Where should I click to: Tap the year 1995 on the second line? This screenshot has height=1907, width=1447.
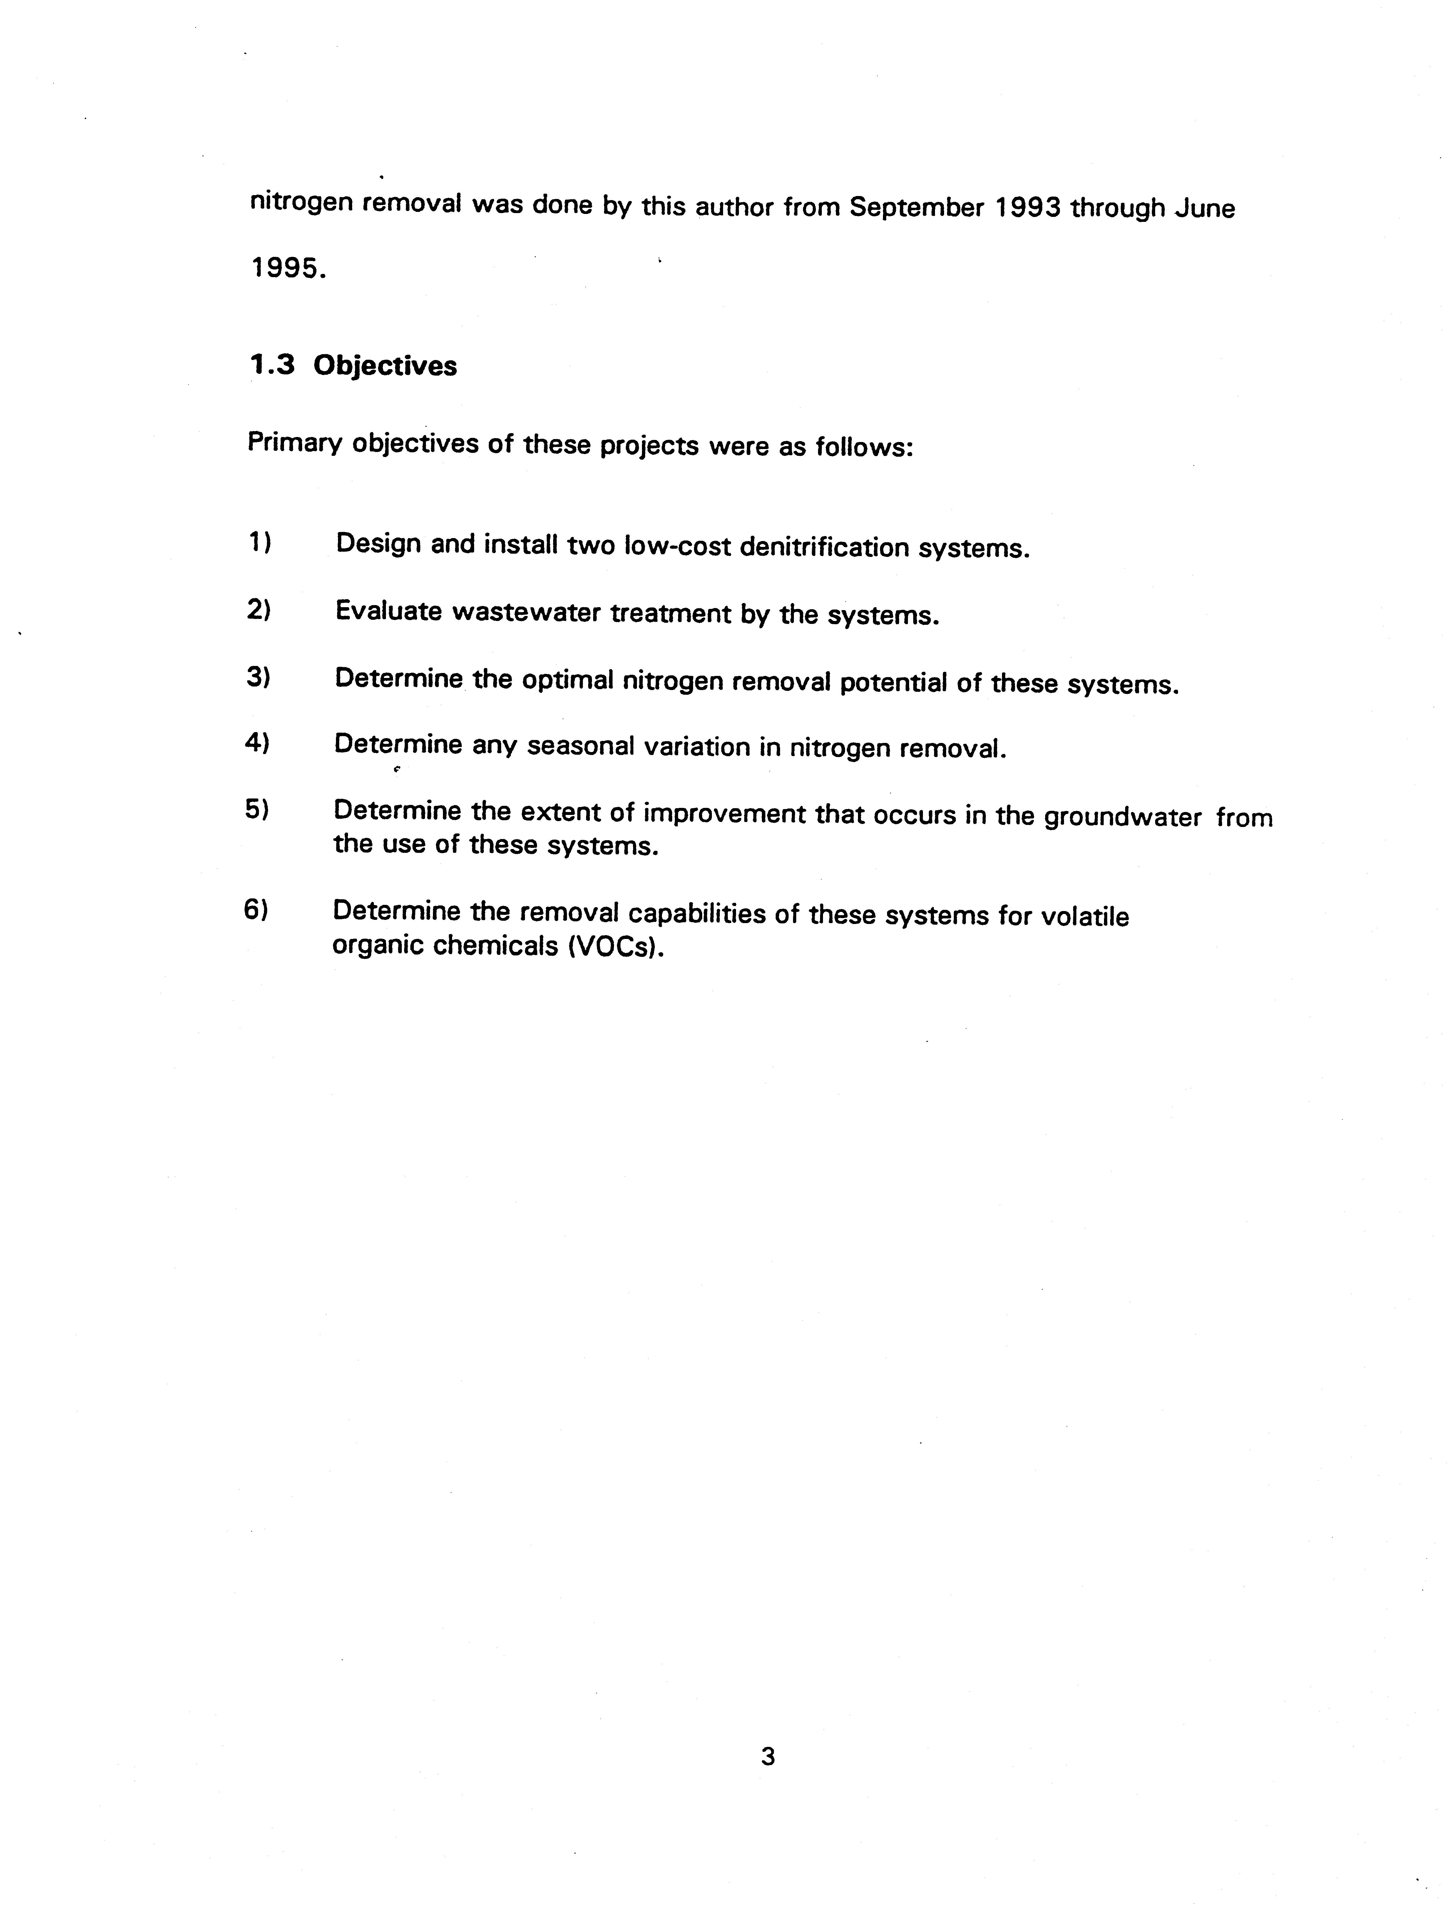(287, 269)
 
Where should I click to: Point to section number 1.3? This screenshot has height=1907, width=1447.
(272, 366)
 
